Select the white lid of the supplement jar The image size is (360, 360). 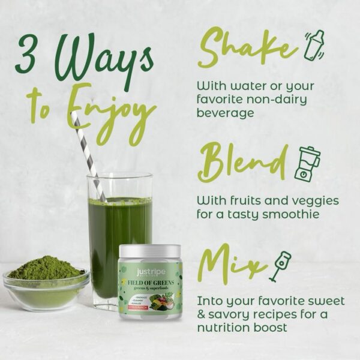pyautogui.click(x=150, y=251)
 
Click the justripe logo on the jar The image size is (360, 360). pyautogui.click(x=149, y=266)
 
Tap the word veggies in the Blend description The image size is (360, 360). pyautogui.click(x=318, y=200)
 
